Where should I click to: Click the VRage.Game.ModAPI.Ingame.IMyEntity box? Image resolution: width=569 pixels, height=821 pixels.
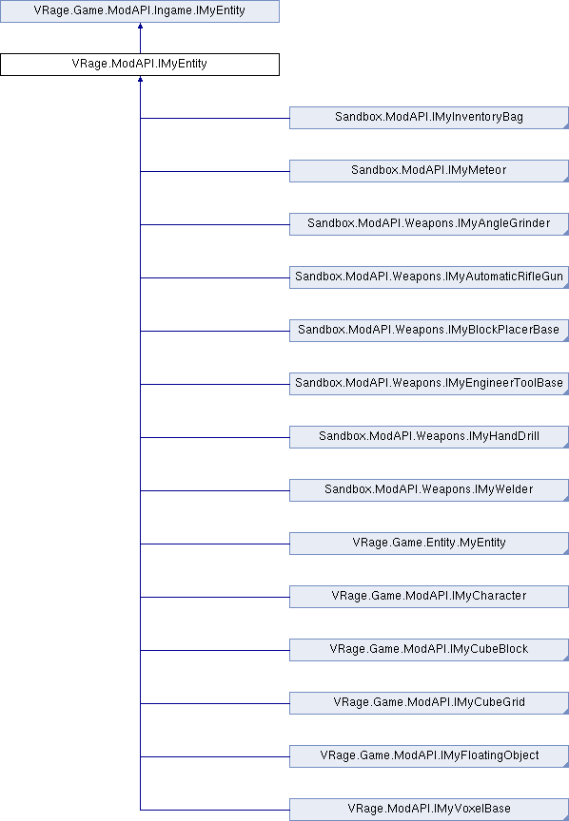[140, 11]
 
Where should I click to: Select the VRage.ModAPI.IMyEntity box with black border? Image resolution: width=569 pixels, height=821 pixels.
[140, 65]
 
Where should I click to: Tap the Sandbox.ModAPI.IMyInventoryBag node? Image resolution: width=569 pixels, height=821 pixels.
[429, 118]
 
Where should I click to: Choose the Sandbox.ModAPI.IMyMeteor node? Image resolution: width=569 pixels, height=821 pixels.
[429, 171]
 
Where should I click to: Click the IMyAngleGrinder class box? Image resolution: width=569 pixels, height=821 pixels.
[429, 224]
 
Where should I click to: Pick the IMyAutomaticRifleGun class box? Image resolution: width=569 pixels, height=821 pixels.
[429, 277]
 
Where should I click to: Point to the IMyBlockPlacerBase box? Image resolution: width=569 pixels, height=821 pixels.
[429, 331]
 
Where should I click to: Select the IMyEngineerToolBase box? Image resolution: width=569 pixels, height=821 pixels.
[429, 384]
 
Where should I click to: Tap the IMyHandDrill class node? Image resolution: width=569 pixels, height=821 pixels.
[429, 437]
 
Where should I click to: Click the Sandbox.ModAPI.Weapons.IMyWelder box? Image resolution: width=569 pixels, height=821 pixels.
[429, 490]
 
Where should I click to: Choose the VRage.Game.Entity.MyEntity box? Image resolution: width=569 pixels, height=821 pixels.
[429, 544]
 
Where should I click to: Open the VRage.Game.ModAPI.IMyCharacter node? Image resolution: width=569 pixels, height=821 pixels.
[429, 597]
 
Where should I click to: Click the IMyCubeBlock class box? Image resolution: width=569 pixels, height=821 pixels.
[429, 650]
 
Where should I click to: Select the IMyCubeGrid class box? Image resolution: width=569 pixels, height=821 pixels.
[429, 703]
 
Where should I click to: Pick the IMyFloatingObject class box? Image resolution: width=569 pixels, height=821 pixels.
[429, 756]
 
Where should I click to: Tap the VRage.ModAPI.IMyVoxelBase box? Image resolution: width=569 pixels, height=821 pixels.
[429, 810]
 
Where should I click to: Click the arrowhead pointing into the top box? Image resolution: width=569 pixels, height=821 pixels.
[140, 26]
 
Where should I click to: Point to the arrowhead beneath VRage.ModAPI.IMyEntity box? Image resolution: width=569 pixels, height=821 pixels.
[140, 79]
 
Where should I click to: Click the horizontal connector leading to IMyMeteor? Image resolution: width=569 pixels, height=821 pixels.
[215, 171]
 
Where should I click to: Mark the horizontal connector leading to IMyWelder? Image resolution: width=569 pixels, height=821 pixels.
[215, 490]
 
